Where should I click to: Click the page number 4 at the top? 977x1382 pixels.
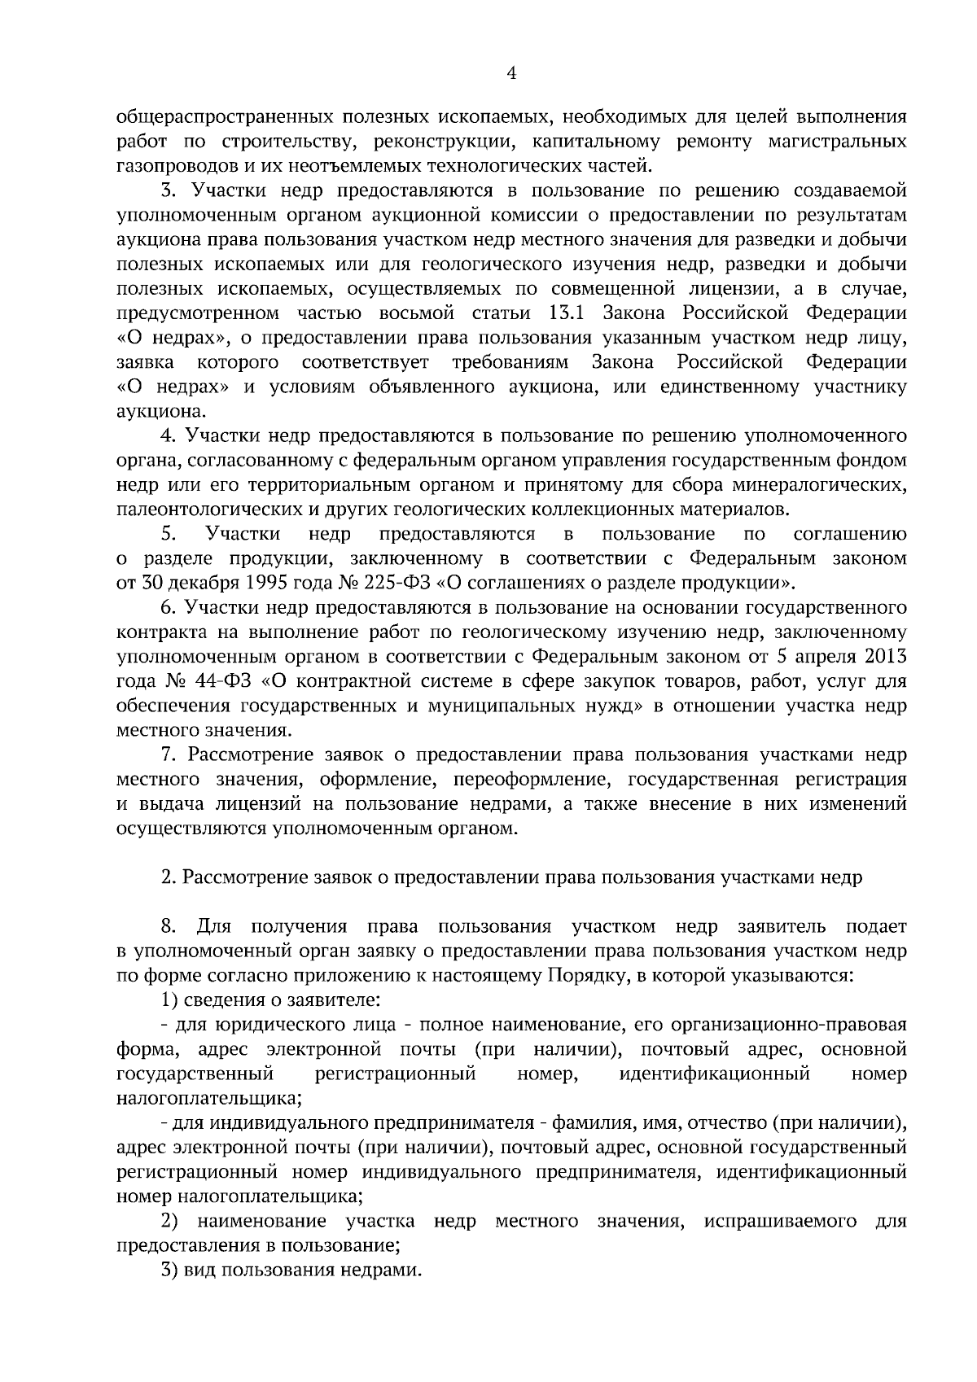pyautogui.click(x=511, y=73)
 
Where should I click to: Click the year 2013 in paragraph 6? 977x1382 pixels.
pyautogui.click(x=884, y=656)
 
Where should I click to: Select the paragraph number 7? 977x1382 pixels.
pyautogui.click(x=166, y=755)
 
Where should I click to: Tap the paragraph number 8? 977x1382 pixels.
pyautogui.click(x=168, y=926)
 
